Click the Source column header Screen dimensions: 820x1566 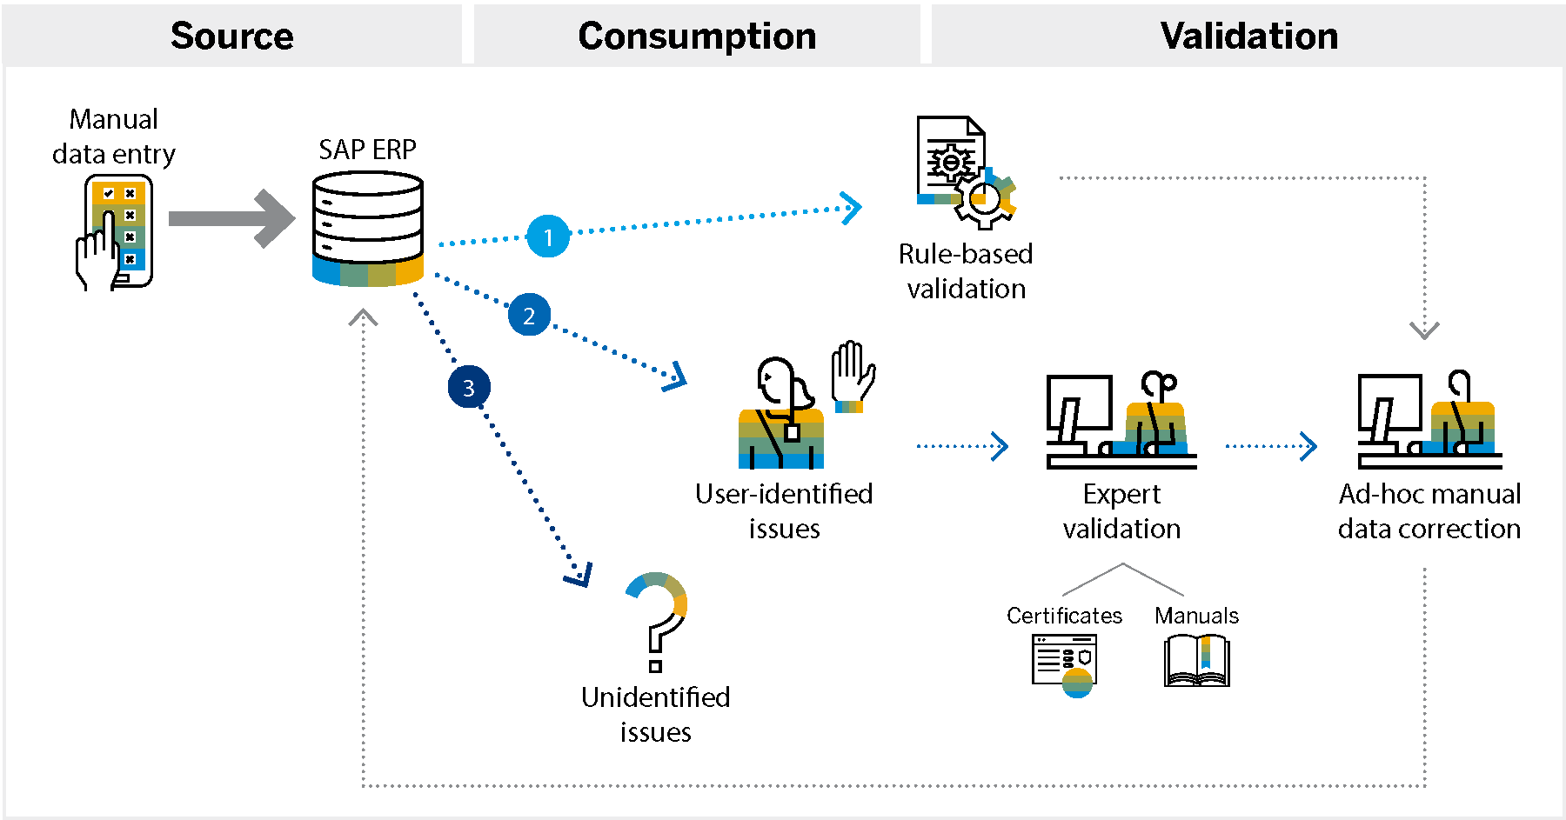click(231, 36)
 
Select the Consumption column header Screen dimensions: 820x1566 click(697, 36)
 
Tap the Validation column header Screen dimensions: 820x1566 click(1248, 36)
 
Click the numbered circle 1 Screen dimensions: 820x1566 click(548, 237)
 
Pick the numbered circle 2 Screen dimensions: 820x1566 click(529, 315)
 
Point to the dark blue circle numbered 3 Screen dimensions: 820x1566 click(469, 387)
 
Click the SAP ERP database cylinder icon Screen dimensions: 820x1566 click(368, 229)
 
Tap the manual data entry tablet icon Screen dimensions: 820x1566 click(116, 232)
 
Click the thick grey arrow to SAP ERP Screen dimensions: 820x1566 click(231, 218)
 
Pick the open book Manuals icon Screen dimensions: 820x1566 click(1196, 661)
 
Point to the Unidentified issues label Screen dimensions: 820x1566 click(655, 714)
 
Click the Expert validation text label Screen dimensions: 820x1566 click(1121, 511)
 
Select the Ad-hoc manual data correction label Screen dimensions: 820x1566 click(1429, 511)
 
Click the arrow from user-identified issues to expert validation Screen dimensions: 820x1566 click(962, 446)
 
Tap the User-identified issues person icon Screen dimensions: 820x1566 click(780, 414)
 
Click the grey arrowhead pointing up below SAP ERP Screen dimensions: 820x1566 click(364, 317)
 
